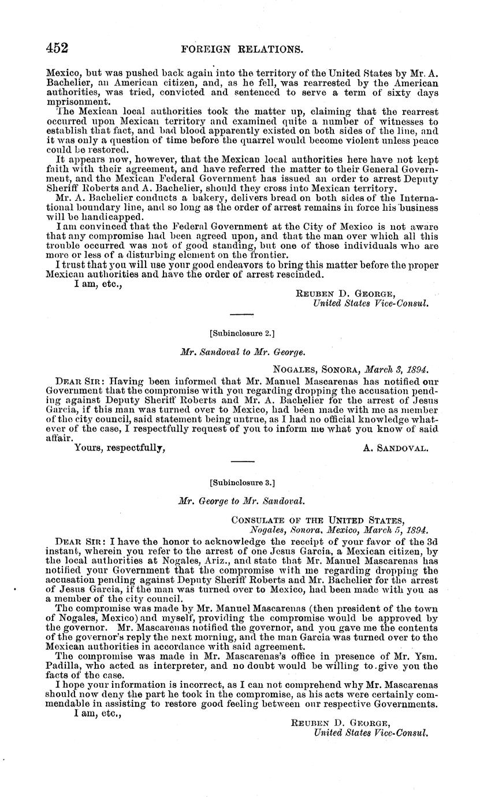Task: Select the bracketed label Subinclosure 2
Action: click(x=241, y=333)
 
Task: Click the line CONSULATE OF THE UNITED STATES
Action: click(x=318, y=519)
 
